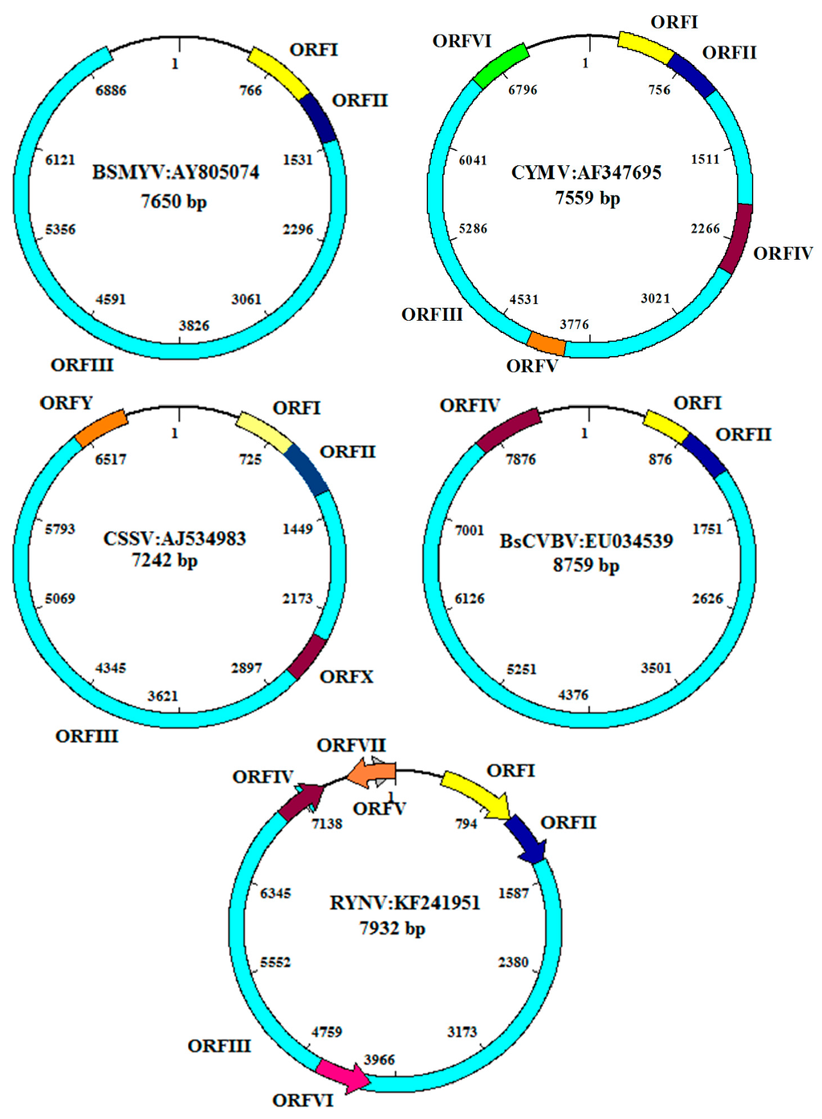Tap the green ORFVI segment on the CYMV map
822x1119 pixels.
[501, 65]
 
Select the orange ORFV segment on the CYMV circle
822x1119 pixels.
[547, 343]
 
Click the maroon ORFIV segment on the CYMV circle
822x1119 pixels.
[737, 239]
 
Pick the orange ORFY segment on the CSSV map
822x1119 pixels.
[100, 428]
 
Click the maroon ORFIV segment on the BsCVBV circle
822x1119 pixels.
[507, 428]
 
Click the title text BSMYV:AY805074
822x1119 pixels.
[175, 172]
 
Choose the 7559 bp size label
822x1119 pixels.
[588, 198]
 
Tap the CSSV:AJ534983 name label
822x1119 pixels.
[175, 538]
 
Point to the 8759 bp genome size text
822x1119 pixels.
[586, 566]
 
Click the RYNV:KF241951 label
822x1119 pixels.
[405, 903]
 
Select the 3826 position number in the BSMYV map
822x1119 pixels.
[194, 326]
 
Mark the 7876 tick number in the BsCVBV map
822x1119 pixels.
[521, 460]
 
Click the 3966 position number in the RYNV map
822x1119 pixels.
[379, 1060]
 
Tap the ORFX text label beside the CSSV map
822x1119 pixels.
[347, 677]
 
